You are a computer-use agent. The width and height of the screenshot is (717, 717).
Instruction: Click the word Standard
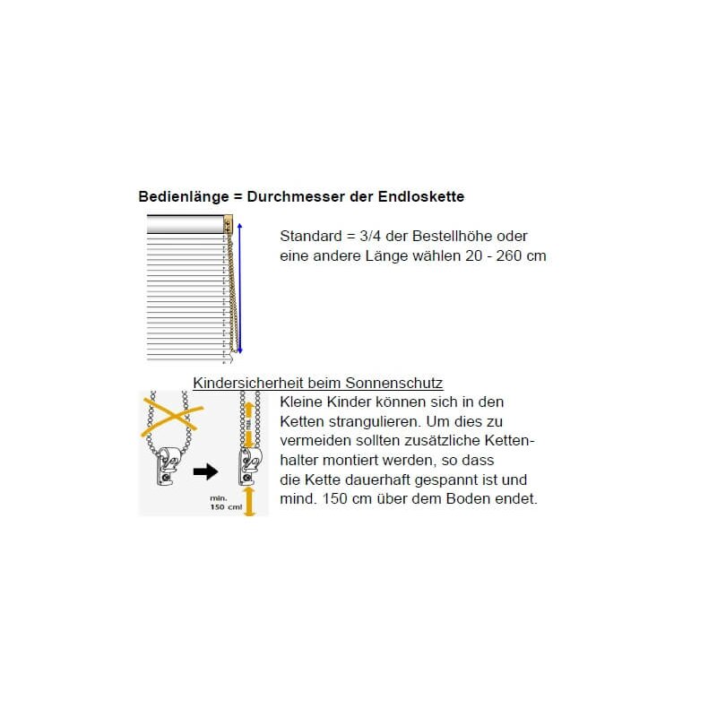tap(310, 237)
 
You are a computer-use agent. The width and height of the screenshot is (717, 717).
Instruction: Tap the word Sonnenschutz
tap(400, 384)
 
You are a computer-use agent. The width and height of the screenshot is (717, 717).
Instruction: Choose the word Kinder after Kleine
tap(356, 401)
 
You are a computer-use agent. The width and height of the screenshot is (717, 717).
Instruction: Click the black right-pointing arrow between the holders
tap(206, 471)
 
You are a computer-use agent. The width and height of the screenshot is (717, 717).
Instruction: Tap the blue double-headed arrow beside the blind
tap(240, 289)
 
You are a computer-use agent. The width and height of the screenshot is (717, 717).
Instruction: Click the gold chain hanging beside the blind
tap(233, 296)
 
